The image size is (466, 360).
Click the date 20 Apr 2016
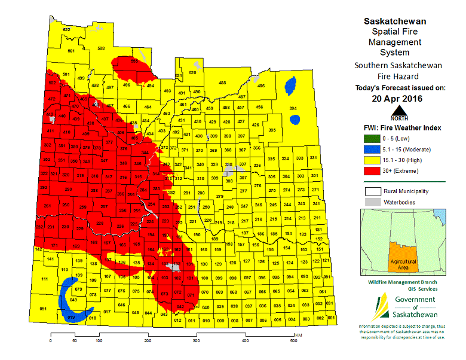396,99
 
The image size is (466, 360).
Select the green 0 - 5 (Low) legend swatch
371,139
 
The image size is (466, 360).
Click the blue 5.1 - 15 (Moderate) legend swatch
371,150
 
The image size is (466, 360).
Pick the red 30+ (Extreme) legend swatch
371,171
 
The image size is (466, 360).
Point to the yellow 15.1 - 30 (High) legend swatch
371,160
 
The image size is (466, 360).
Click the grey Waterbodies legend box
371,202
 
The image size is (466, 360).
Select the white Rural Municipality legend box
371,191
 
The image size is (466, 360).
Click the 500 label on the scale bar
293,341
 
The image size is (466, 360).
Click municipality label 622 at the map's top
67,29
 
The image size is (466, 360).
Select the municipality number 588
101,48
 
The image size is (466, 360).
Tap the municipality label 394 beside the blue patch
293,108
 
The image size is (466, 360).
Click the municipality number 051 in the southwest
43,309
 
